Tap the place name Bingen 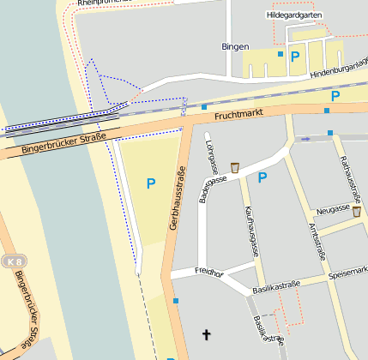235,46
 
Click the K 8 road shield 12,261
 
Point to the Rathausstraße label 348,168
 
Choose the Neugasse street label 332,209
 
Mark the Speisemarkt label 347,273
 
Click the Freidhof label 208,274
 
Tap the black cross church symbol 205,333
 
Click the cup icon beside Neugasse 356,212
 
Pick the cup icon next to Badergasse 234,167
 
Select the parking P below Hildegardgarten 295,57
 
